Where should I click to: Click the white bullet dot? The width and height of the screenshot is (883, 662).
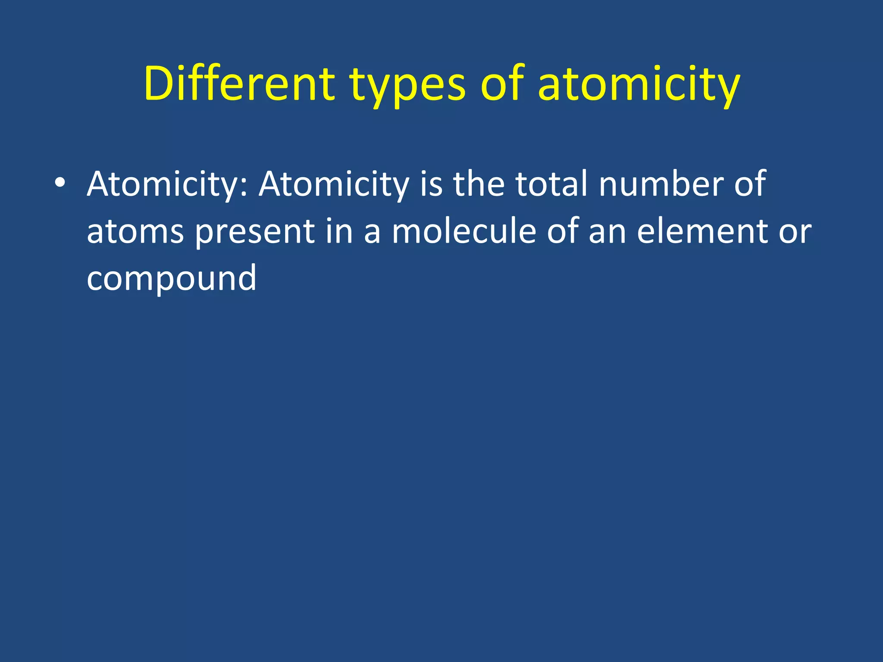click(60, 183)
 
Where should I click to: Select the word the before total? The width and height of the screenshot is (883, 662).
click(479, 184)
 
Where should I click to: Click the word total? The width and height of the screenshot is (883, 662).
click(551, 184)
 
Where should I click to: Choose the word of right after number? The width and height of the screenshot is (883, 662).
click(750, 184)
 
